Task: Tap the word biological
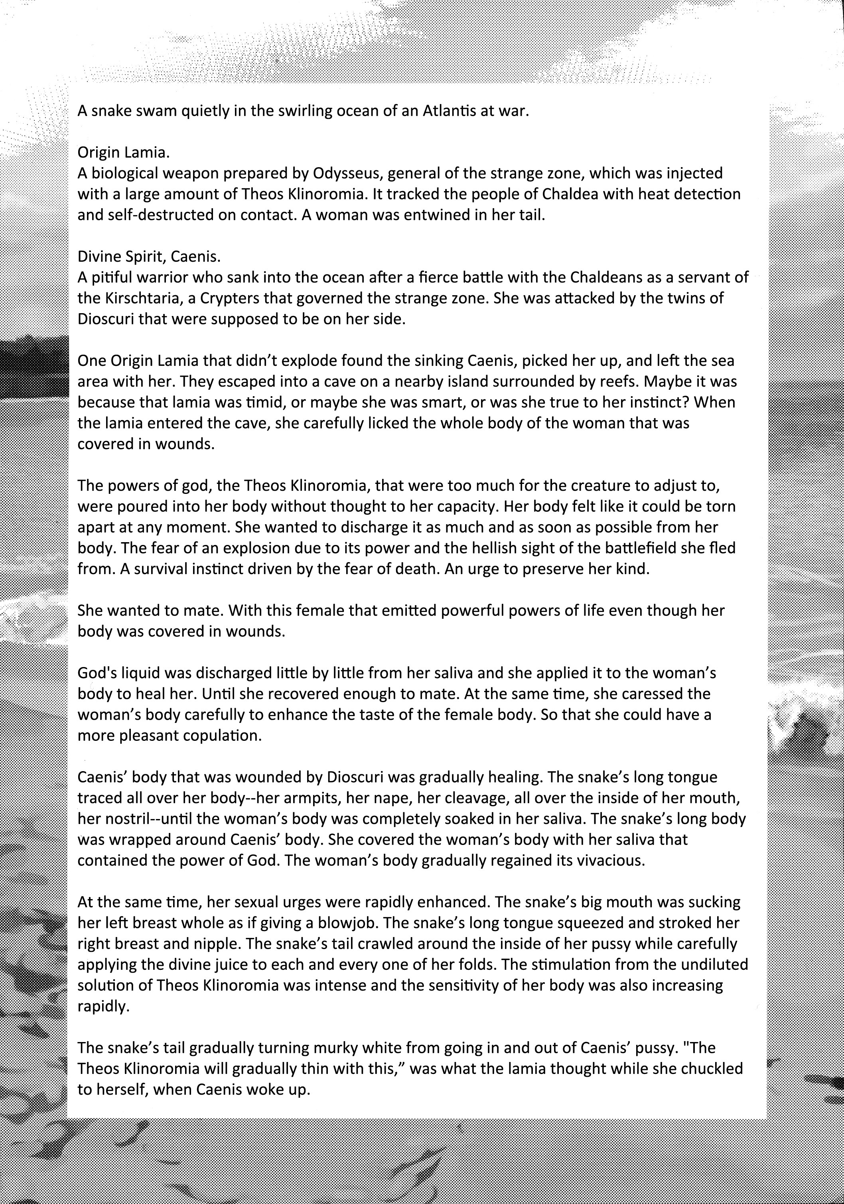pos(129,174)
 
